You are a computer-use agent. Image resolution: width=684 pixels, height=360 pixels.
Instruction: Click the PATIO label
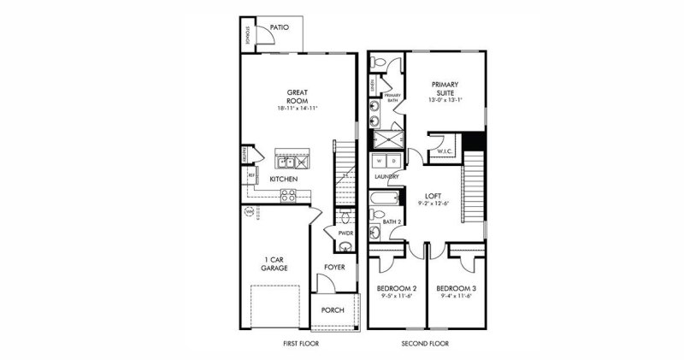(280, 27)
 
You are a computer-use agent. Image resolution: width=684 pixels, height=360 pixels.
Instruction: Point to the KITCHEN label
(284, 179)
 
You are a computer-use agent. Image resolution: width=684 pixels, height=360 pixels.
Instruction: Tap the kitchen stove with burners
(288, 195)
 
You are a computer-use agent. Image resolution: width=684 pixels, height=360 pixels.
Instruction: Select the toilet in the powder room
(345, 247)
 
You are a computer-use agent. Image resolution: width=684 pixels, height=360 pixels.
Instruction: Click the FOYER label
(333, 267)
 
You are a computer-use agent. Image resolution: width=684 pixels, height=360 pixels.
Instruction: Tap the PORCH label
(332, 310)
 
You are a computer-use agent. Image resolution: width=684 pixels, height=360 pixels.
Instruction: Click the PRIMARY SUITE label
(445, 88)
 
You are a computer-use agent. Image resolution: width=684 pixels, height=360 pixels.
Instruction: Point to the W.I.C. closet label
(445, 152)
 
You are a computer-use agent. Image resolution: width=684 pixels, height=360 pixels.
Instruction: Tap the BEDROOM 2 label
(397, 288)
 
